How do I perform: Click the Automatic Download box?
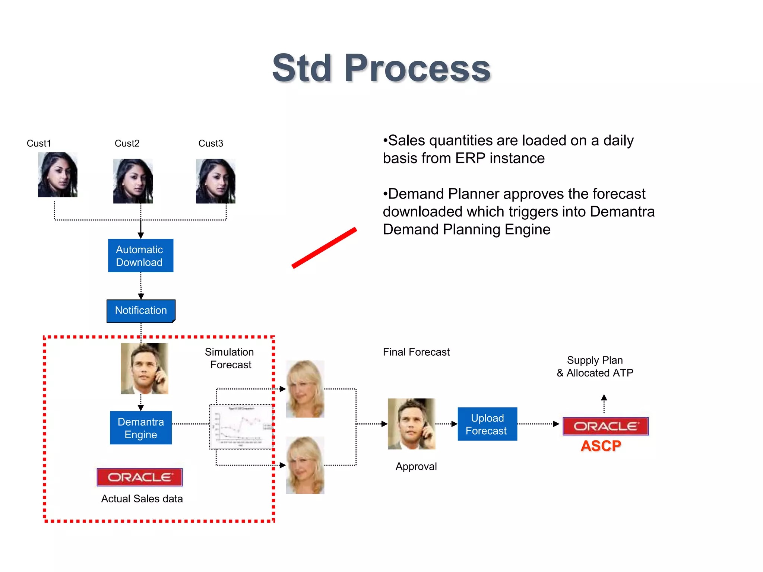click(140, 255)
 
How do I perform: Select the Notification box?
click(141, 311)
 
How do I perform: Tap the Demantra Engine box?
click(141, 428)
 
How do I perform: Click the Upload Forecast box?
click(487, 424)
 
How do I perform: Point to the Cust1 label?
click(39, 143)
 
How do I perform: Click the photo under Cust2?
click(133, 181)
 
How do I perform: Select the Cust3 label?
click(210, 143)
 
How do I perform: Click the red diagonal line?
click(324, 248)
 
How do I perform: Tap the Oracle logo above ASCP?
click(605, 426)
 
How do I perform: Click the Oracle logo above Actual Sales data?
click(140, 477)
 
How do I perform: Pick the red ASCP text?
click(601, 446)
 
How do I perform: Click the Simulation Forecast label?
click(230, 358)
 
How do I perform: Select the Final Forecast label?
click(416, 352)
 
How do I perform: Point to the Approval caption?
click(416, 466)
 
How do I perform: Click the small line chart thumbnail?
click(241, 427)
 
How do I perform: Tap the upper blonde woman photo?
click(305, 389)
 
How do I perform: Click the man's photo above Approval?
click(411, 424)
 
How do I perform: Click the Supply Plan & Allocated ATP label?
click(595, 366)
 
